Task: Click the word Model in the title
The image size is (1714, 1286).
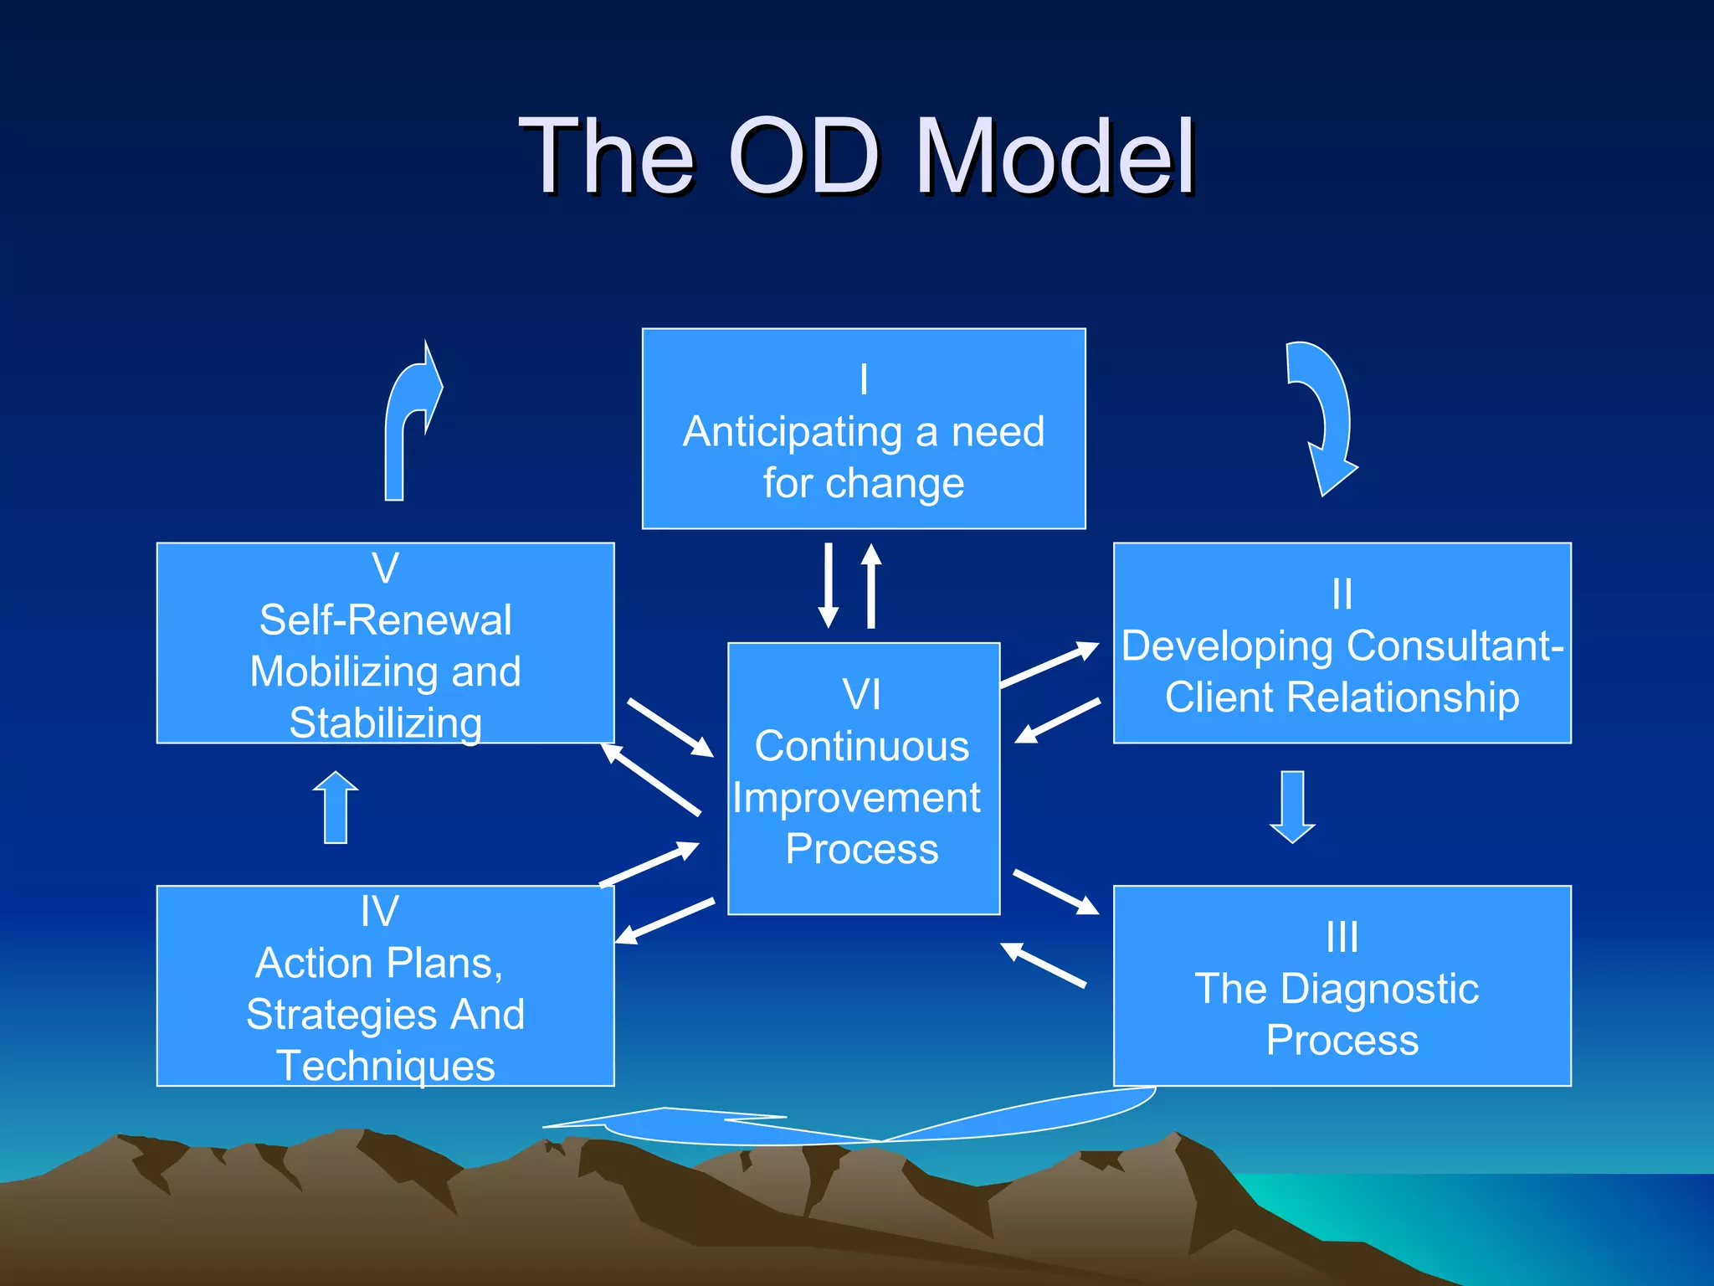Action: tap(1055, 157)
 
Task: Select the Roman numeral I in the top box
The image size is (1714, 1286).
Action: tap(864, 379)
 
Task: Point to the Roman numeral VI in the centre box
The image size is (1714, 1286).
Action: tap(861, 695)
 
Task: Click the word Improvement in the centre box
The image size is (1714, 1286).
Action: tap(856, 798)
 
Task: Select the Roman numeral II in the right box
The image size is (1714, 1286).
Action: tap(1342, 594)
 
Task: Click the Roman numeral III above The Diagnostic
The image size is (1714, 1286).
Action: tap(1342, 937)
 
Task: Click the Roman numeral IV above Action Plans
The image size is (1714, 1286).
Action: tap(379, 911)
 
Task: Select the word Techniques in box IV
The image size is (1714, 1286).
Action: tap(386, 1066)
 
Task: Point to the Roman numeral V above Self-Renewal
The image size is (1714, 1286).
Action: tap(385, 568)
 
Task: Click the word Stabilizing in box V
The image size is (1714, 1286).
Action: tap(386, 723)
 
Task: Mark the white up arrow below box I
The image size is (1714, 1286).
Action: tap(871, 586)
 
